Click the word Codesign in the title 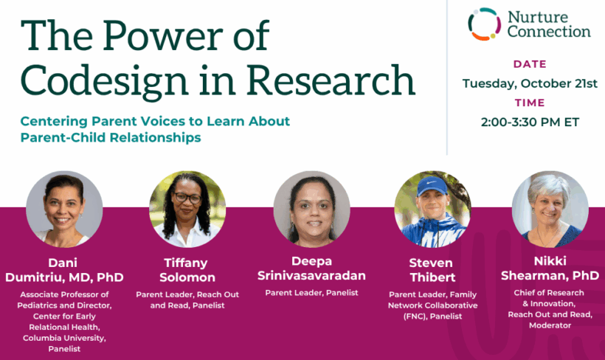click(104, 81)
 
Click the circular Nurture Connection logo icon click(485, 24)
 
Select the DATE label click(530, 64)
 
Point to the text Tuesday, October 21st click(530, 83)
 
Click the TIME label click(530, 103)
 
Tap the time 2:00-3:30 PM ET click(530, 122)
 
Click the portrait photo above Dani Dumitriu click(64, 209)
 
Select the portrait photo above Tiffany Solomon click(187, 209)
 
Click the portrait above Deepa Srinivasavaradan click(312, 209)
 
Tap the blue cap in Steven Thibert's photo click(432, 186)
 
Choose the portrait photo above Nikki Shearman click(550, 209)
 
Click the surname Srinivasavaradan click(312, 275)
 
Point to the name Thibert click(432, 277)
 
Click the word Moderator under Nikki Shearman click(550, 325)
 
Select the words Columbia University click(64, 338)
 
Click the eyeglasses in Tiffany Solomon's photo click(187, 198)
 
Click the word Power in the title click(163, 35)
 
